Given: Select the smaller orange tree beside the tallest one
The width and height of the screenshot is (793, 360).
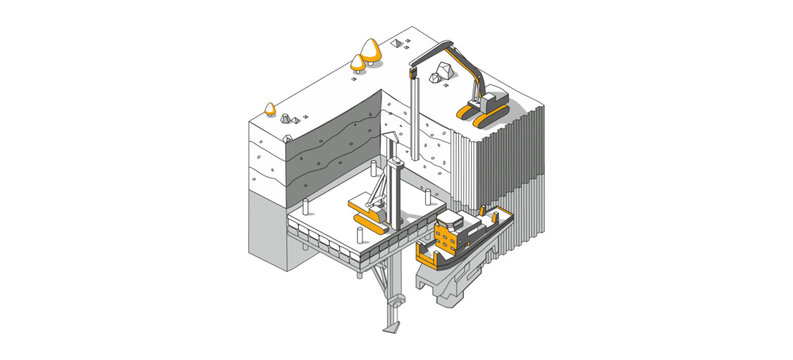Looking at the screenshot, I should tap(358, 63).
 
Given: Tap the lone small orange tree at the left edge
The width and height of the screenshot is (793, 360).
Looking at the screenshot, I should tap(269, 106).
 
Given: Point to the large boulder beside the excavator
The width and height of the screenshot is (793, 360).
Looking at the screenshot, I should tap(441, 71).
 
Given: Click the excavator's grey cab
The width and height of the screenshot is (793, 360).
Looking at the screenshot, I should tap(493, 98).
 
